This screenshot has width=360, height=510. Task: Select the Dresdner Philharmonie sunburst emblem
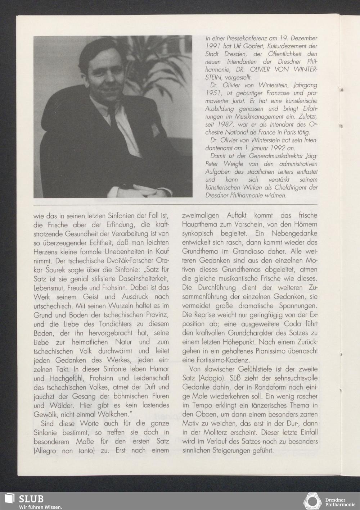pos(312,501)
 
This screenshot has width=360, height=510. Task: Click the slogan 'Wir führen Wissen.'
pos(41,507)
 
